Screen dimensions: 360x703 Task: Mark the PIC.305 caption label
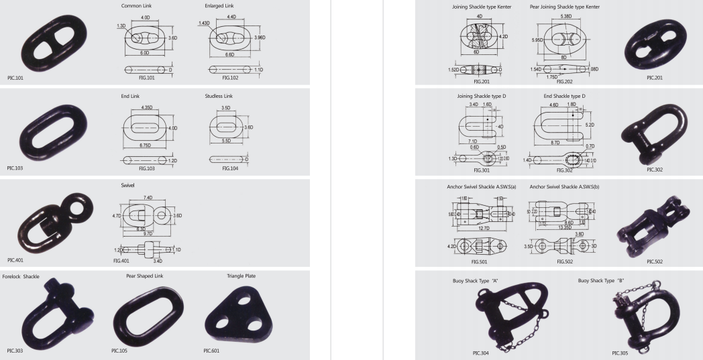[x=620, y=352]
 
